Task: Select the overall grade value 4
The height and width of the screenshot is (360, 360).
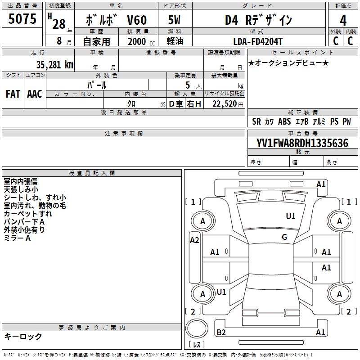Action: [x=343, y=21]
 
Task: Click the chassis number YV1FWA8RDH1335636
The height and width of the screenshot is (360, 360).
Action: [x=302, y=144]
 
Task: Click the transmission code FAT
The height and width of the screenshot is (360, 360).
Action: [x=13, y=94]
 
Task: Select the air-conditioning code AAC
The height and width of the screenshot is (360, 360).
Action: [x=35, y=94]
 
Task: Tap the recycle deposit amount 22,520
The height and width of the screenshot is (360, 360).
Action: [x=225, y=104]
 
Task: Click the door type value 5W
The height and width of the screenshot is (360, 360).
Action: [x=174, y=21]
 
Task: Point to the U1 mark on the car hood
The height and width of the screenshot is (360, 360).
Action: [x=291, y=216]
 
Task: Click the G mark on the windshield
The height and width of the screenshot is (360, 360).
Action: [x=284, y=237]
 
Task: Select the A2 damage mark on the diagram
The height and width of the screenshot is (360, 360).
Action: [x=194, y=240]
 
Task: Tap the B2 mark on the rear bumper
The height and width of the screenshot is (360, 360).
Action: [x=221, y=333]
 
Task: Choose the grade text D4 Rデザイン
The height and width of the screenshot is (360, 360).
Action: [x=259, y=21]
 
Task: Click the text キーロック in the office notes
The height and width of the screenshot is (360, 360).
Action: [x=23, y=337]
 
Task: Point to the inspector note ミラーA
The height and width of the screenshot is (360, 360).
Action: [x=17, y=238]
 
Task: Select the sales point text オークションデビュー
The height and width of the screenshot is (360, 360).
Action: [x=288, y=63]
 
